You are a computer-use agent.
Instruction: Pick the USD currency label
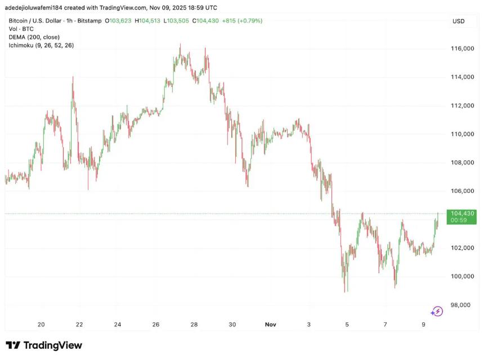pos(458,21)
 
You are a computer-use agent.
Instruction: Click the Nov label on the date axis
pos(271,325)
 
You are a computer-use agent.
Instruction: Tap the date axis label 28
pos(194,325)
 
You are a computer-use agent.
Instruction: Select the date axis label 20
pos(41,325)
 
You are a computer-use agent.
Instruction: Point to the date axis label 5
pos(347,325)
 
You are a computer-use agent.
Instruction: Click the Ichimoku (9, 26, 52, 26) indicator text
pos(41,45)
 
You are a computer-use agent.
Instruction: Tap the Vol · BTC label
pos(21,29)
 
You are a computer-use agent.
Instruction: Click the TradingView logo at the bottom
pos(44,345)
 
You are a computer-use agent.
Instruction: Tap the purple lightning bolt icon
pos(437,312)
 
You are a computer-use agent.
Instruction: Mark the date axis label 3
pos(309,325)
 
